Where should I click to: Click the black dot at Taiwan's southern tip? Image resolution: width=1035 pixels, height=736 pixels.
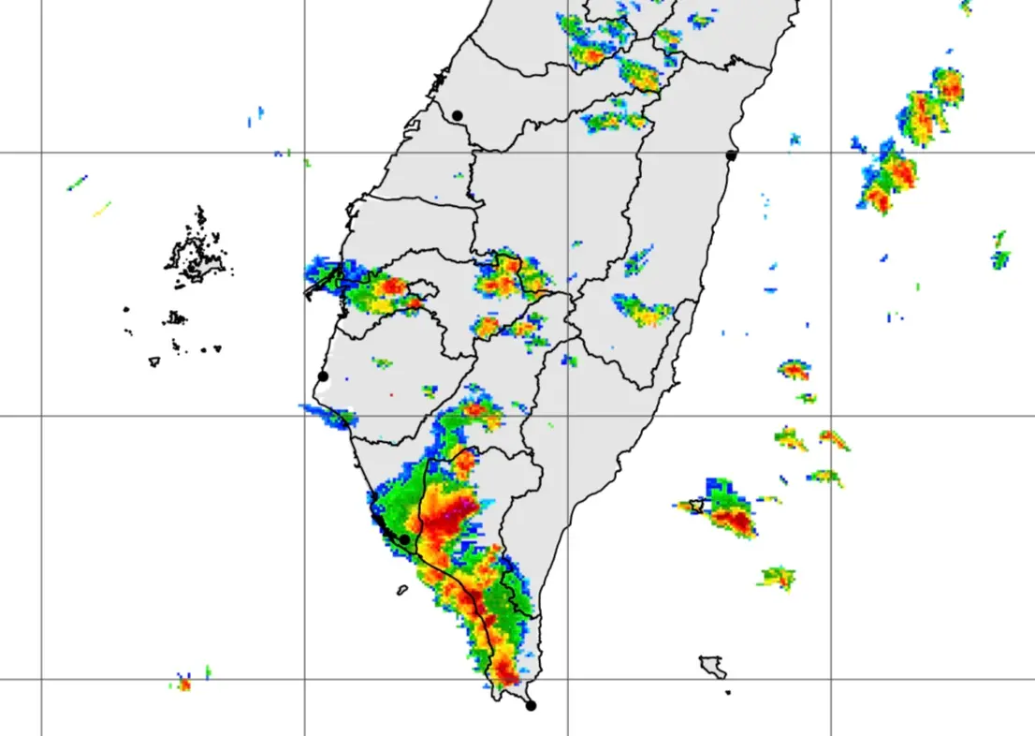coord(531,705)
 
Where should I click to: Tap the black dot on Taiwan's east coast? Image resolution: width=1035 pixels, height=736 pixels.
coord(731,155)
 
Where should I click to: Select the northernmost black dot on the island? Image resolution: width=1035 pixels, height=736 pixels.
coord(457,115)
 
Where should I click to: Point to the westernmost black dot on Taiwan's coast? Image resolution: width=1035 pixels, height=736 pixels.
coord(323,376)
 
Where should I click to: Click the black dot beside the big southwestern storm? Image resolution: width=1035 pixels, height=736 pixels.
coord(404,539)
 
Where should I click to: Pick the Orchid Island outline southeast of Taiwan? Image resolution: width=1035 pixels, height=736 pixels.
coord(713,667)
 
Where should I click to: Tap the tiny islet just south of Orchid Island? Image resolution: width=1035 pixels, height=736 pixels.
coord(727,693)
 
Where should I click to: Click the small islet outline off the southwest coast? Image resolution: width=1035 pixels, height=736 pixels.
coord(401,590)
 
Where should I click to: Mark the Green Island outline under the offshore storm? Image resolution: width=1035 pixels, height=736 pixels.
coord(695,506)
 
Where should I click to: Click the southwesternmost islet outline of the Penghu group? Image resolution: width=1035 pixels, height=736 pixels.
coord(154,361)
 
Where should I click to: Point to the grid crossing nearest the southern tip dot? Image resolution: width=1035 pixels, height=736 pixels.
coord(568,679)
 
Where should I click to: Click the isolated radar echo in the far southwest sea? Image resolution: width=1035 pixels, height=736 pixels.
coord(184,684)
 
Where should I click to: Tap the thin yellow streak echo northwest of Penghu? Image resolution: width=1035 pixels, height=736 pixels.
coord(101,209)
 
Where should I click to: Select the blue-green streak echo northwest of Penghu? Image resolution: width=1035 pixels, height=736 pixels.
coord(77,183)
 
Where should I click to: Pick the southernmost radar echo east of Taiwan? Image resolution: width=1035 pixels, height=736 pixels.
coord(777,578)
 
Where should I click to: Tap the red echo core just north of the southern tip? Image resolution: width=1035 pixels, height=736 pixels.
coord(505,670)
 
